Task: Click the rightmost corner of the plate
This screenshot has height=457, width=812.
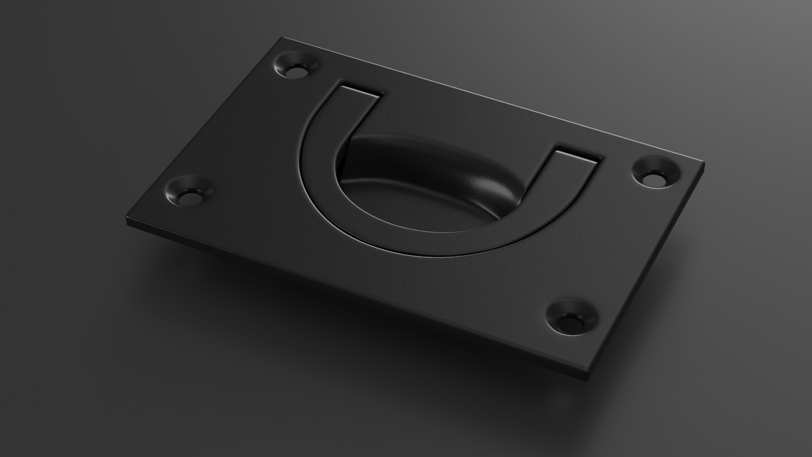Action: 704,162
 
